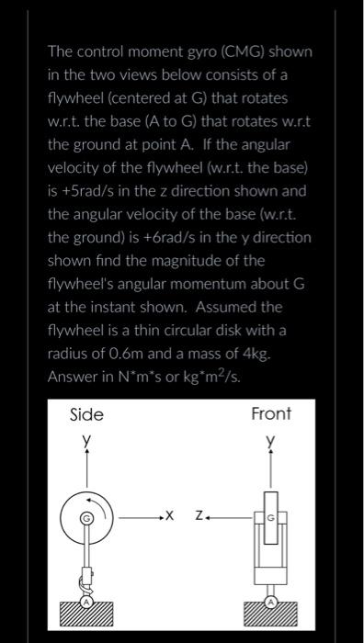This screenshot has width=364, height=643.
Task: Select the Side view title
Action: point(87,414)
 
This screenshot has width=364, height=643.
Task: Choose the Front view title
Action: point(271,413)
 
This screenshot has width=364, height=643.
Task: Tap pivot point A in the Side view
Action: point(88,604)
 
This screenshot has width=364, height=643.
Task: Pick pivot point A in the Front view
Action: point(271,604)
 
